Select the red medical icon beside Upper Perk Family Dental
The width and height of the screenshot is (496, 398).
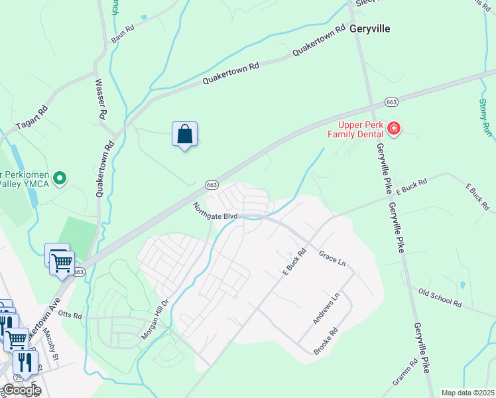[x=394, y=127]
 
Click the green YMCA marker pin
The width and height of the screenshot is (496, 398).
[x=60, y=178]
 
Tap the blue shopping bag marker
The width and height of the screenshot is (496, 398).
[x=185, y=135]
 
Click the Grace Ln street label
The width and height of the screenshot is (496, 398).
[x=332, y=258]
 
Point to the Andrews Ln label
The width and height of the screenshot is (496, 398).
[x=326, y=308]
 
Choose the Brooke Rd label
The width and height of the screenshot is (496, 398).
[x=326, y=340]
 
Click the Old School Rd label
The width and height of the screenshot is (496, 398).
[x=440, y=298]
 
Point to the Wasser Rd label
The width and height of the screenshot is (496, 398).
[x=102, y=99]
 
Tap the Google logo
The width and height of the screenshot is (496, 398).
[x=21, y=390]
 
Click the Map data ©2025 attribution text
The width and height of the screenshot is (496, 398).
[x=467, y=393]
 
